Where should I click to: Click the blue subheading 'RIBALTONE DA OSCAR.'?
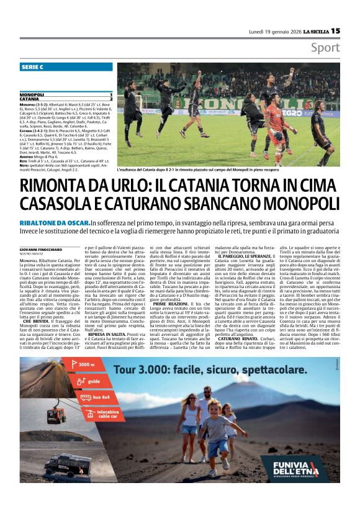coord(55,222)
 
